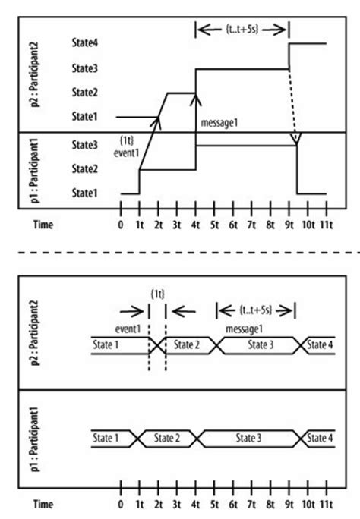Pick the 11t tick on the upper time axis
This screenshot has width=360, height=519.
[x=327, y=225]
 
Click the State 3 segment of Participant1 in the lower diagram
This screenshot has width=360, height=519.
[x=251, y=439]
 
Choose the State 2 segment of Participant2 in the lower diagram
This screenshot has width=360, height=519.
[x=185, y=344]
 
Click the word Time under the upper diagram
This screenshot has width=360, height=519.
[x=44, y=225]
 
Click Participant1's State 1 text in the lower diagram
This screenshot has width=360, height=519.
[x=107, y=438]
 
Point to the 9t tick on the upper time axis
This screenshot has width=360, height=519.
[x=289, y=225]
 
